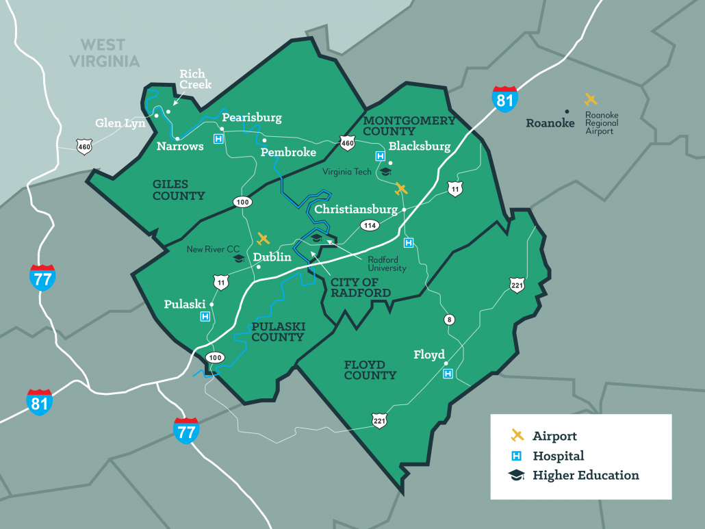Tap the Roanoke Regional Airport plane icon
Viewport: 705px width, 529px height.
click(591, 100)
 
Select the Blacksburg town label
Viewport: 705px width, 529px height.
click(420, 146)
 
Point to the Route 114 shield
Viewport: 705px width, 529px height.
click(370, 225)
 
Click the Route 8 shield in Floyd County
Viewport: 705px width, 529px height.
click(449, 320)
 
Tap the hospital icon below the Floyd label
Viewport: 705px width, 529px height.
click(448, 374)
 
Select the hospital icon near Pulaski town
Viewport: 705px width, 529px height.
click(205, 316)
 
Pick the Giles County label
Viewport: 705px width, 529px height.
click(179, 190)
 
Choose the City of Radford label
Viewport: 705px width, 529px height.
click(360, 287)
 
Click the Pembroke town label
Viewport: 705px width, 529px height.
click(288, 152)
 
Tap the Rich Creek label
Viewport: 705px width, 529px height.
click(195, 79)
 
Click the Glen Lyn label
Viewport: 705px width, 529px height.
click(120, 122)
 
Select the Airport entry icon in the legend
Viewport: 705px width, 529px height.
click(517, 435)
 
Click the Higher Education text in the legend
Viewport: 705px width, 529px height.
click(585, 475)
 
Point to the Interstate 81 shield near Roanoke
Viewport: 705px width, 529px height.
click(505, 99)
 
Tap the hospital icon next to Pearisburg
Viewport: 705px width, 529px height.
click(218, 139)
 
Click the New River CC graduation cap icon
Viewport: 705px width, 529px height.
click(238, 259)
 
